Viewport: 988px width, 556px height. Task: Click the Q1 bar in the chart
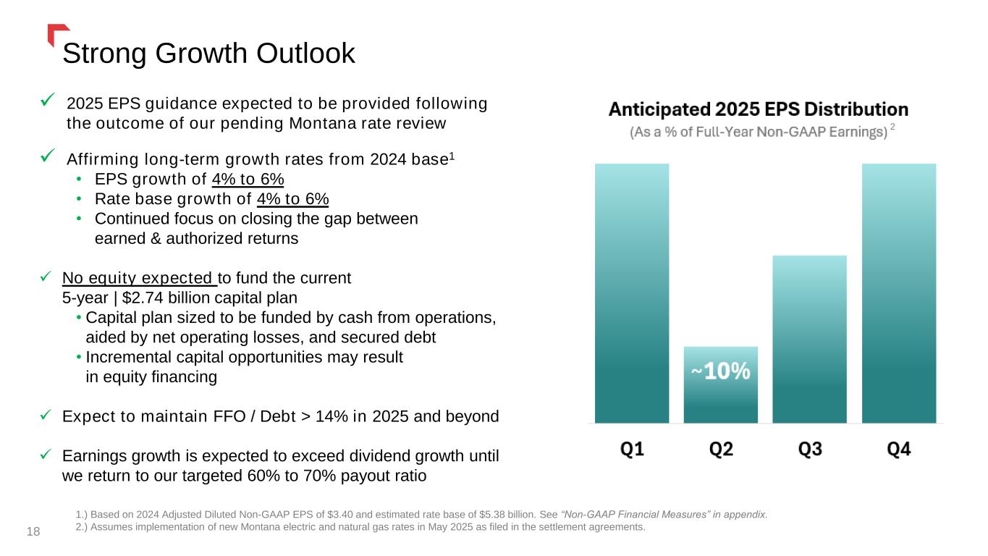tap(632, 292)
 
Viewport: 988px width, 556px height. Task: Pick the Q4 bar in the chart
tap(898, 292)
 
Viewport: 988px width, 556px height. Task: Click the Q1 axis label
tap(632, 450)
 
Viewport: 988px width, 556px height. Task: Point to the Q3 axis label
tap(809, 450)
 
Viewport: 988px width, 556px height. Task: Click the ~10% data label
tap(720, 371)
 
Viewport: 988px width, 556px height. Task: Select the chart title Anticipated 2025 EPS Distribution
tap(758, 110)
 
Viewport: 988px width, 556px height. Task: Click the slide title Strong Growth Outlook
tap(208, 54)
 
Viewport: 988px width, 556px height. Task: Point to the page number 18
tap(33, 532)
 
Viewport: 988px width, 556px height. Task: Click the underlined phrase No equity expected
tap(139, 278)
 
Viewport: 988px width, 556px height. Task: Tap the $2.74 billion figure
tap(155, 298)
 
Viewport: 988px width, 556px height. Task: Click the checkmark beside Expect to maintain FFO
tap(46, 416)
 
